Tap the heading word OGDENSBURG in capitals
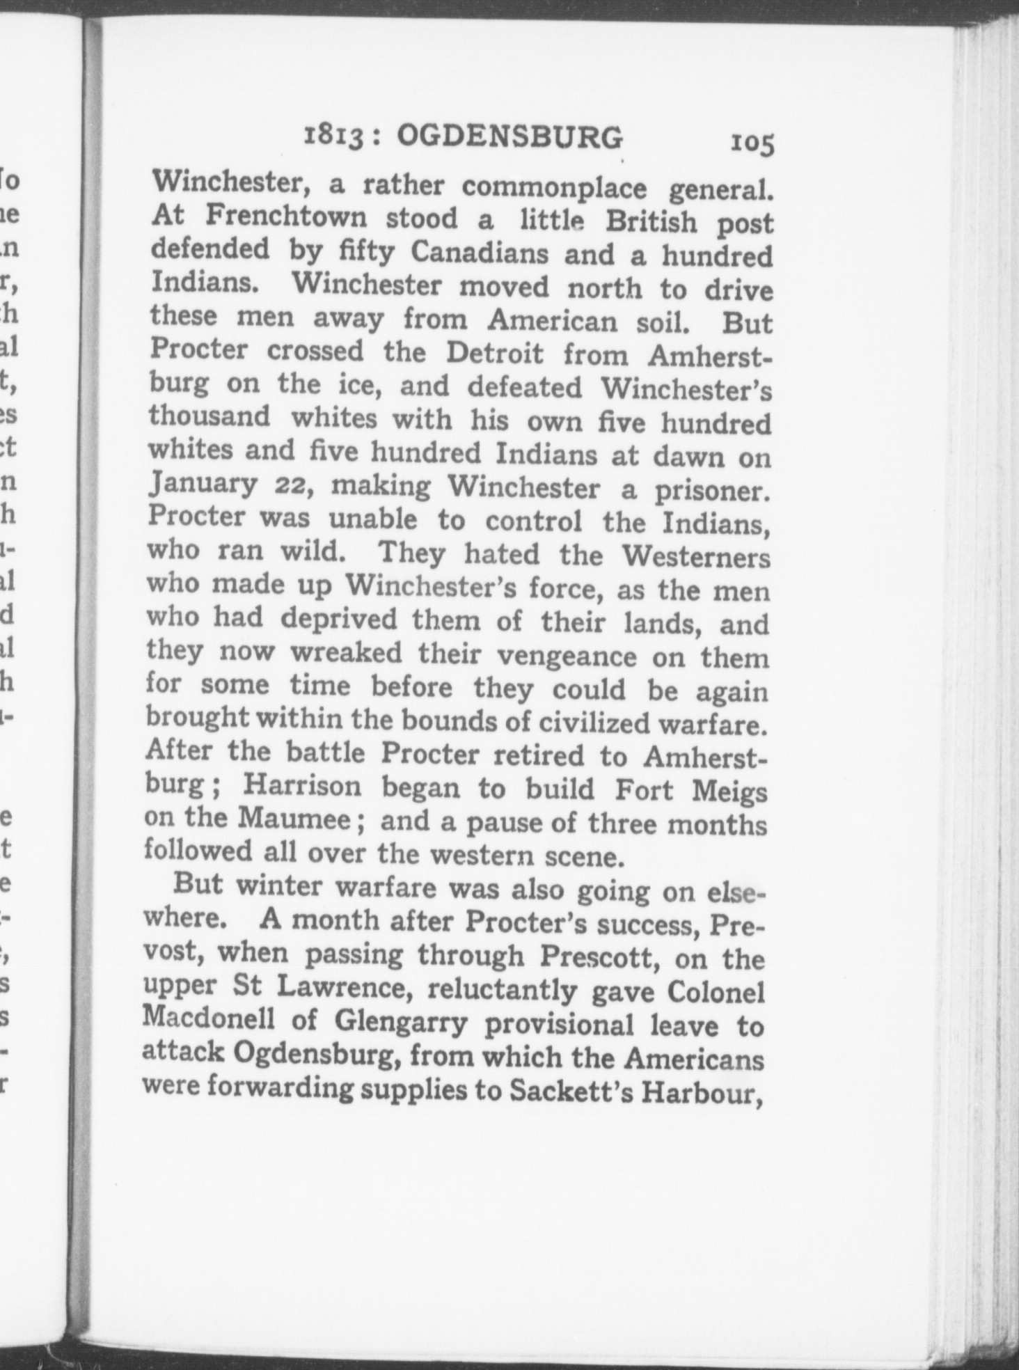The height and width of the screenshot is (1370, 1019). [x=509, y=137]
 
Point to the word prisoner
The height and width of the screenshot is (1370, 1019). [x=713, y=491]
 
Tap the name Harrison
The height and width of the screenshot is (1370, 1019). [x=301, y=786]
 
